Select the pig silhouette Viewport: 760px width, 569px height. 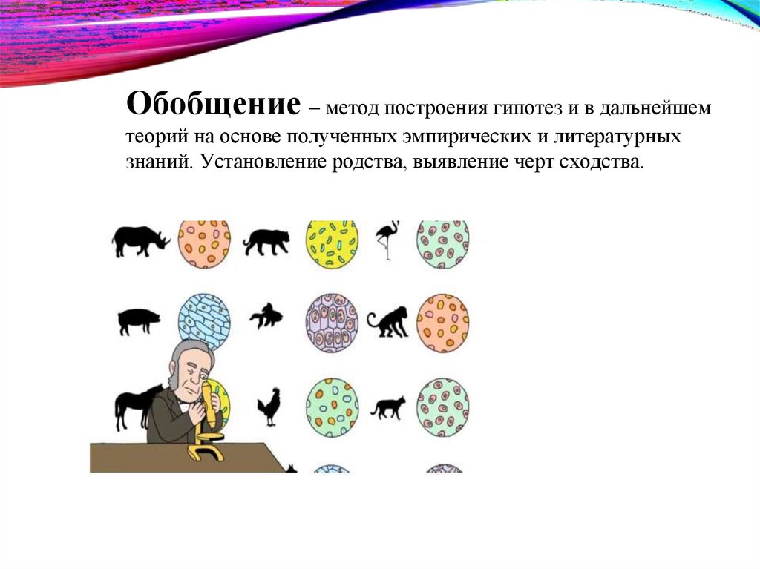pyautogui.click(x=139, y=321)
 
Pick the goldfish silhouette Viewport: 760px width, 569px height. pyautogui.click(x=266, y=317)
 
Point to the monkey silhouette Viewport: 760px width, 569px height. pyautogui.click(x=387, y=322)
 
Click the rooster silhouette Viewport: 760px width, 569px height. pyautogui.click(x=268, y=407)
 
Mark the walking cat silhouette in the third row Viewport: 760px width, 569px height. pyautogui.click(x=388, y=407)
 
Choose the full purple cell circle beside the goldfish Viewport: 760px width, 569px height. pyautogui.click(x=332, y=322)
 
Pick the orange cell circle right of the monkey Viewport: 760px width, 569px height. pyautogui.click(x=442, y=322)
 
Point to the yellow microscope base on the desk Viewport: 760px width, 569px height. pyautogui.click(x=207, y=452)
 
